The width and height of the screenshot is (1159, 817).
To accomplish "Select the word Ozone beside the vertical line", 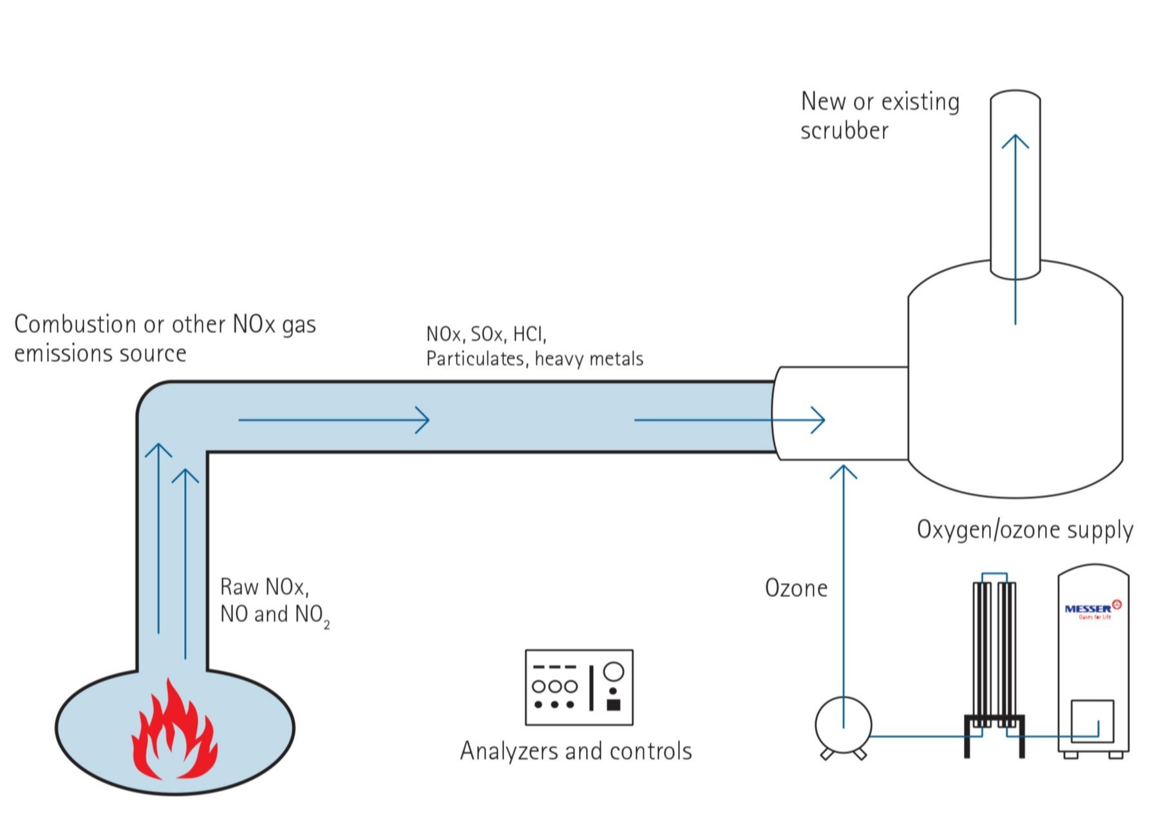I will pyautogui.click(x=796, y=588).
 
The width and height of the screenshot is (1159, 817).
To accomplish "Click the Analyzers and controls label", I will pyautogui.click(x=576, y=751).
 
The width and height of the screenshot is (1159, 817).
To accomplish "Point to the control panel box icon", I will pyautogui.click(x=579, y=688).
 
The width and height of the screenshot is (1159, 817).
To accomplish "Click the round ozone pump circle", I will pyautogui.click(x=843, y=724).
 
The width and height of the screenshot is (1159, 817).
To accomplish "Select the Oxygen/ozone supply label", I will pyautogui.click(x=1024, y=530).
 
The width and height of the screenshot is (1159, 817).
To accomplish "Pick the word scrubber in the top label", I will pyautogui.click(x=844, y=131).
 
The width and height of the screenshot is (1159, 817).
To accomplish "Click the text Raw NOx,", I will pyautogui.click(x=264, y=587).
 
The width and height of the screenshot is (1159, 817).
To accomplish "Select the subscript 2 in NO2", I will pyautogui.click(x=327, y=625).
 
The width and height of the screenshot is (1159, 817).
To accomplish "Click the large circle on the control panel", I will pyautogui.click(x=614, y=671).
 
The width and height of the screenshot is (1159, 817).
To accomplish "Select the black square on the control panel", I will pyautogui.click(x=614, y=705).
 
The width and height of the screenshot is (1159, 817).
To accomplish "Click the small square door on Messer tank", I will pyautogui.click(x=1092, y=721).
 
